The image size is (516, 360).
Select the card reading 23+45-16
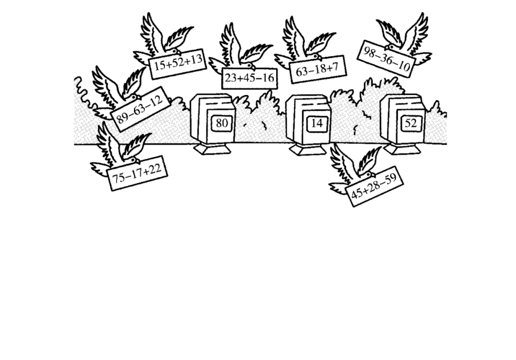coord(249,77)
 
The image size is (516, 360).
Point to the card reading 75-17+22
coord(138,173)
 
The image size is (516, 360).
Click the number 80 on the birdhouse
coord(222,123)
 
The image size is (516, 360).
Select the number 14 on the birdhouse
coord(317,123)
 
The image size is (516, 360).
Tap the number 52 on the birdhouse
coord(411,123)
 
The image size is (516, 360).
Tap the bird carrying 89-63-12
coord(115,91)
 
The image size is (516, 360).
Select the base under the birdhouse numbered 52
coord(402,149)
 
